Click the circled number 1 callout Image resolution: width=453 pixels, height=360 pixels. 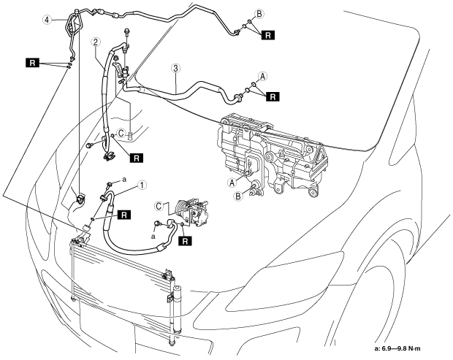142,185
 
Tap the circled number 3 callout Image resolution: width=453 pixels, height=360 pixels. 175,69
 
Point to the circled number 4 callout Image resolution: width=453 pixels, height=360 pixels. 47,20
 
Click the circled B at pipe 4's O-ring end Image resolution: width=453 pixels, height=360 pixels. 259,14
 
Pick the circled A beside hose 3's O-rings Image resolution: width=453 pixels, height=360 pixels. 262,76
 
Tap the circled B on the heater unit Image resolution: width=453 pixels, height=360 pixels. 237,196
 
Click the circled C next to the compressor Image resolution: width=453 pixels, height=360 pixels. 159,206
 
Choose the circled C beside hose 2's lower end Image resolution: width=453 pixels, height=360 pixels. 121,133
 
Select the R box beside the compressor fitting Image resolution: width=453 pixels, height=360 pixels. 185,241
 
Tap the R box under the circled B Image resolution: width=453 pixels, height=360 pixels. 268,35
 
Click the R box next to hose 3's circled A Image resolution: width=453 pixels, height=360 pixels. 273,96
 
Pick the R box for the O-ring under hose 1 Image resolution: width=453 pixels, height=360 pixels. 124,215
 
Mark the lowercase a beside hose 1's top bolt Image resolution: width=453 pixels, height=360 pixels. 124,180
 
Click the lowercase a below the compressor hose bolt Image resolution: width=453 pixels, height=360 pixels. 153,237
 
